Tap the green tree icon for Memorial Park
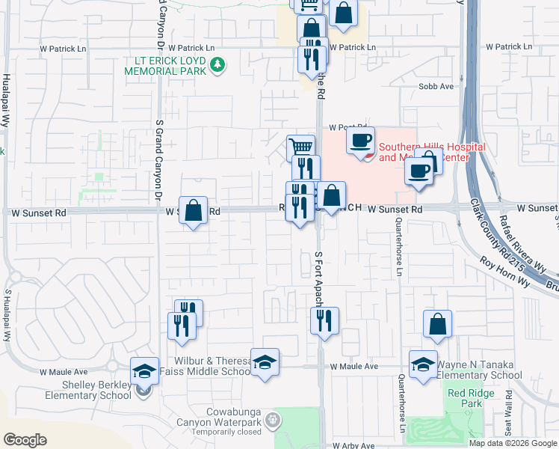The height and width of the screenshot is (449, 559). click(x=217, y=65)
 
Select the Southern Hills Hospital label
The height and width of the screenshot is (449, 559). click(x=432, y=152)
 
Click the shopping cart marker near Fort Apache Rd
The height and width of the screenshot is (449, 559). click(x=300, y=147)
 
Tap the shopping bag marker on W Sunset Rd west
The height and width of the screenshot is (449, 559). click(x=193, y=211)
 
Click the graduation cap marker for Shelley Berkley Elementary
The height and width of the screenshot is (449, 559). click(x=144, y=370)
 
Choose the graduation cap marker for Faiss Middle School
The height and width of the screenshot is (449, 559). click(x=265, y=363)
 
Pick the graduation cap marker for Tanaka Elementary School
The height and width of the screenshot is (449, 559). click(x=423, y=364)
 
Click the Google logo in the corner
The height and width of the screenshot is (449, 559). click(x=25, y=440)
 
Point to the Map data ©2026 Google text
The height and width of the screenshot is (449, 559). click(x=513, y=443)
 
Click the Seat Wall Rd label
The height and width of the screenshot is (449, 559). click(x=508, y=412)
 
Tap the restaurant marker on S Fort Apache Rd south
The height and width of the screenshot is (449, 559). click(x=324, y=321)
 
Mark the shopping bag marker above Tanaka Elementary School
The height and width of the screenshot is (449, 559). click(x=437, y=324)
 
